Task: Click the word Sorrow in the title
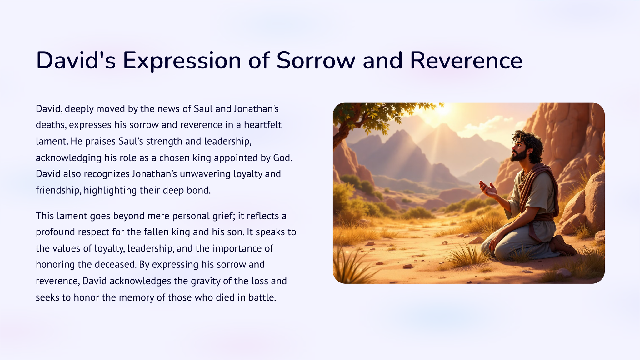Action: coord(316,60)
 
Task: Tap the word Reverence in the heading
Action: coord(466,60)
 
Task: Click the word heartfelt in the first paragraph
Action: coord(262,125)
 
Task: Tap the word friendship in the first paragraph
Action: coord(58,190)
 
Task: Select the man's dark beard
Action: coord(519,155)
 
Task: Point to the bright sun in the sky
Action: coord(443,108)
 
